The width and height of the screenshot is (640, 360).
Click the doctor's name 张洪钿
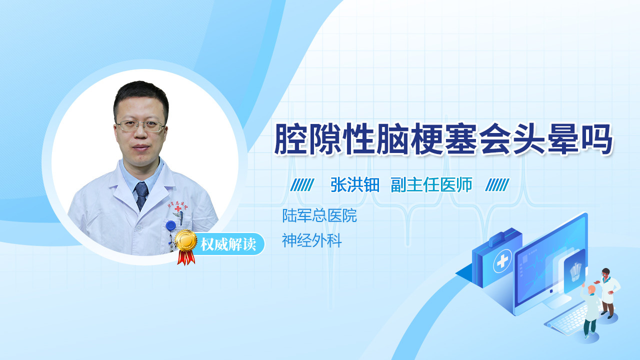coord(355,185)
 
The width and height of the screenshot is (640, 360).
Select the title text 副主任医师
coord(431,185)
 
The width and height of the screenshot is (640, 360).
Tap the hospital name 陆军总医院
coord(319,215)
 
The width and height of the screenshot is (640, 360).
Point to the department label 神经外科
coord(311,240)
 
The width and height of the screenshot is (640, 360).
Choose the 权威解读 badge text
coord(228,244)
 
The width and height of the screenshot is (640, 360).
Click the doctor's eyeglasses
coord(140,125)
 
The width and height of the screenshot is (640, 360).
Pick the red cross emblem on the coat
coord(178,208)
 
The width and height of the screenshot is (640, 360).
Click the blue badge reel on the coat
coord(170,225)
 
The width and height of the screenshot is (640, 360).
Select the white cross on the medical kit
coord(502,261)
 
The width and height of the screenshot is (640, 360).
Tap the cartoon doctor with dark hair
coord(608,293)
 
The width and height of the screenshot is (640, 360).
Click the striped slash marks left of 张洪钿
coord(302,185)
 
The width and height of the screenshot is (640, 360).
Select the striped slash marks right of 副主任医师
coord(497,185)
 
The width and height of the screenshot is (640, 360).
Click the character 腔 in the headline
coord(291,139)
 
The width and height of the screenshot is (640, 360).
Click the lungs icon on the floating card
coord(576,272)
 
